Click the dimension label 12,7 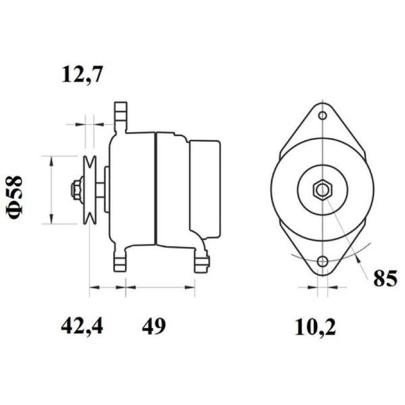83,75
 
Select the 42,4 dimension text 82,327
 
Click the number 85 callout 385,279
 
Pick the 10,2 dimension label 315,328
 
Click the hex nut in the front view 322,190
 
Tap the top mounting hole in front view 322,115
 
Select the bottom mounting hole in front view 322,261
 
